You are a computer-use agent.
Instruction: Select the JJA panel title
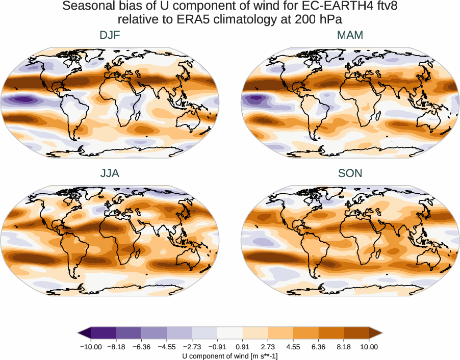point(110,173)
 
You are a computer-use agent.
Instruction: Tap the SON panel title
point(350,173)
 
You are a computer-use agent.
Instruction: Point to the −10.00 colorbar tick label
point(91,347)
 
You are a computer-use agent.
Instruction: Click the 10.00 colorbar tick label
point(369,347)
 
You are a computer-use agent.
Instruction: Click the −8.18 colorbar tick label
point(116,347)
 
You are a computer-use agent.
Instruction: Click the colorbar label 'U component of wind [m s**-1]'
point(230,355)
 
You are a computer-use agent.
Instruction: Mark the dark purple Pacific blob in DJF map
point(23,99)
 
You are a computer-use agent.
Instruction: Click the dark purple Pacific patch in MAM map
point(253,100)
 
